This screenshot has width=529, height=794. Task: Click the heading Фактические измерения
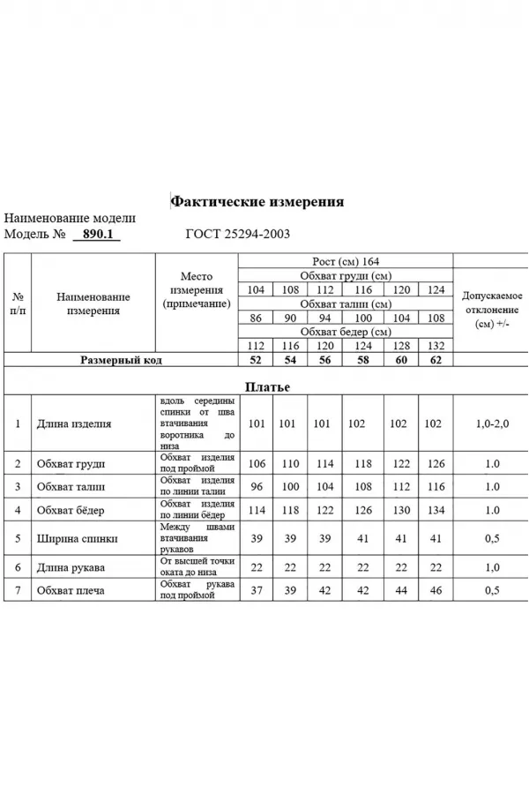[257, 202]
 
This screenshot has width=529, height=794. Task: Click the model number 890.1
[94, 235]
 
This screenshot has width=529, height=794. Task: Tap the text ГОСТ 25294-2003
[238, 235]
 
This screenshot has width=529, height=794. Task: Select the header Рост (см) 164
[346, 263]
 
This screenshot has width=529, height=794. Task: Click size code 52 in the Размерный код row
[257, 361]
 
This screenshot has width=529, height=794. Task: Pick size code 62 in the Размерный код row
[434, 361]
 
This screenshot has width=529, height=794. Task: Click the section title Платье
[266, 386]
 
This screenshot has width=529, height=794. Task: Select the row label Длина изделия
[74, 423]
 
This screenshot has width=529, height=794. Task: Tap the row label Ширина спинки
[78, 537]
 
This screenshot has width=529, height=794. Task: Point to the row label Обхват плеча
[71, 590]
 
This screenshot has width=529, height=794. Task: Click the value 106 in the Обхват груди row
[257, 463]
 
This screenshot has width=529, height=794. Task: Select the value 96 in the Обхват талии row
[257, 486]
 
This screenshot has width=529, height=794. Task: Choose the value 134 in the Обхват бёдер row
[434, 509]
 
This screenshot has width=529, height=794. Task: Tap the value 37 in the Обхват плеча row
[257, 590]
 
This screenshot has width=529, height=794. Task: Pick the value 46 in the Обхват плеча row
[434, 590]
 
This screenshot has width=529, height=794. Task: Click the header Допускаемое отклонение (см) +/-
[492, 310]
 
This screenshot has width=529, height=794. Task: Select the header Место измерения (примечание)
[197, 290]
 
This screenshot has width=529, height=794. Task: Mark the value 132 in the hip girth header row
[434, 346]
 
